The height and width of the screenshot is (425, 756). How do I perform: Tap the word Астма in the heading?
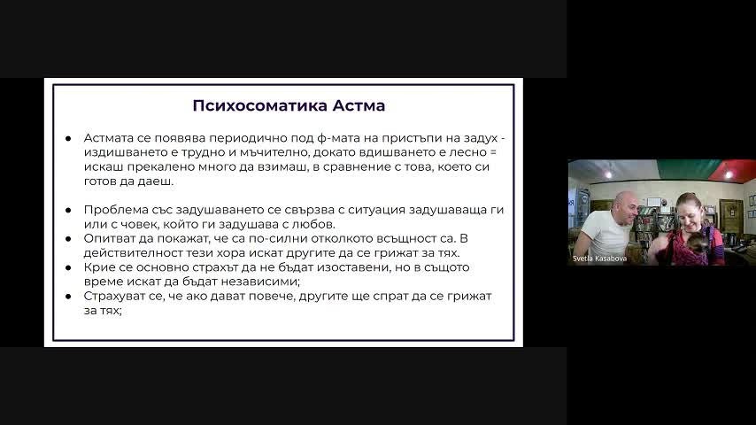[x=359, y=105]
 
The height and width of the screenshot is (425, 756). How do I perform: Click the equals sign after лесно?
[x=493, y=152]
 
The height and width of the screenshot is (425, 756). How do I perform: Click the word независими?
[x=266, y=282]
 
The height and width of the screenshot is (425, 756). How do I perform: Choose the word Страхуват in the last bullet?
[x=115, y=297]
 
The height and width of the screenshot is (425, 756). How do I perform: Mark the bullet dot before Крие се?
[x=68, y=267]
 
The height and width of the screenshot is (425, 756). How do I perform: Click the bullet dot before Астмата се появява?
[x=68, y=138]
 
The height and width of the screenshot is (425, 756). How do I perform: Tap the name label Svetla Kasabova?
[x=600, y=259]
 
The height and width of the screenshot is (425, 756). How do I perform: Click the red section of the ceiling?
[x=738, y=170]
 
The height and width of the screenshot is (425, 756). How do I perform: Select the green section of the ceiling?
[x=690, y=170]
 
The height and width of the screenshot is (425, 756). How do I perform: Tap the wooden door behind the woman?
[x=731, y=216]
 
